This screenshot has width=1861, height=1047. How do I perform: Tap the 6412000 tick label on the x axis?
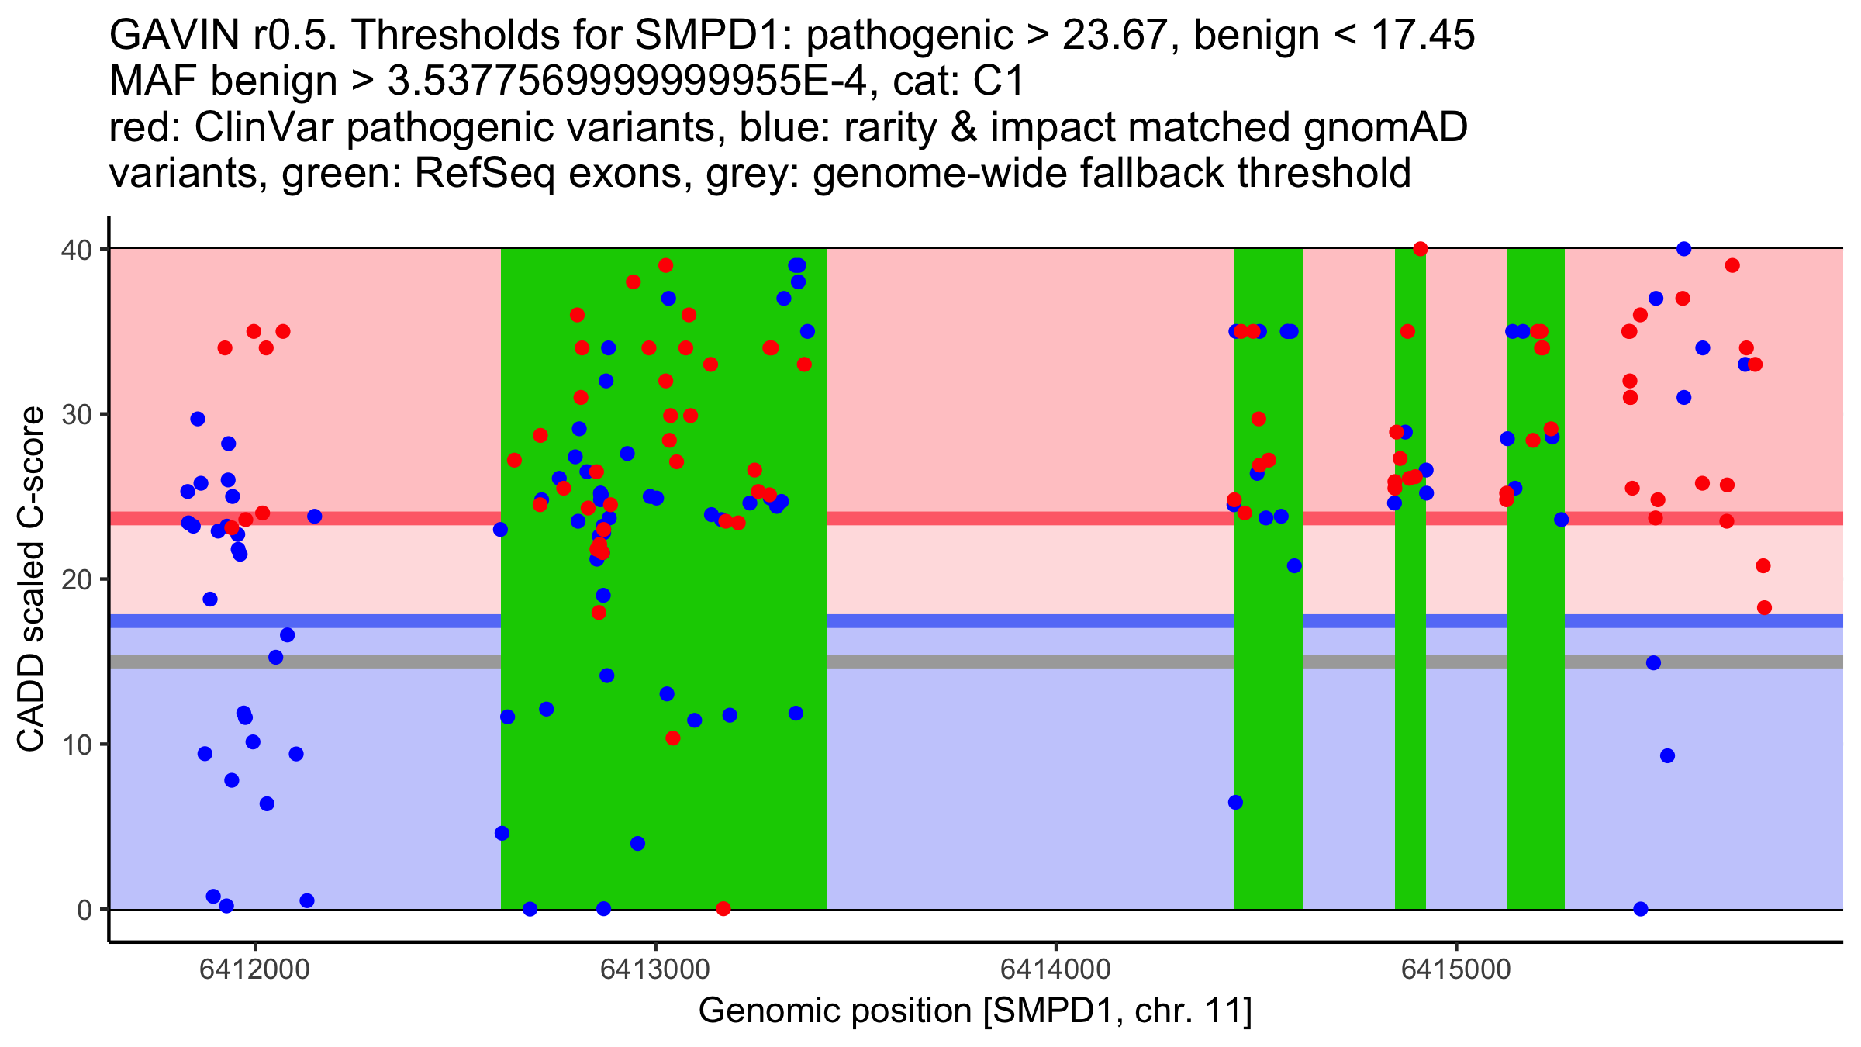tap(254, 970)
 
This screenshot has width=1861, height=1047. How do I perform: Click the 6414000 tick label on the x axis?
tap(1055, 970)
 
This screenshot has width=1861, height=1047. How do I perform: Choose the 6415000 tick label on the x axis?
tap(1455, 970)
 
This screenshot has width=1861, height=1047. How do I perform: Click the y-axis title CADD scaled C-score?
tap(31, 580)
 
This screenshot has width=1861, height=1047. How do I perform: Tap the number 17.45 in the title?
tap(1423, 36)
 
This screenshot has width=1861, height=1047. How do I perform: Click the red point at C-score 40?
tap(1420, 249)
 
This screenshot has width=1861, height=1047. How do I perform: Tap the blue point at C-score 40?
tap(1683, 249)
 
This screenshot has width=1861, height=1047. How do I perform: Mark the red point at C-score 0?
tap(723, 908)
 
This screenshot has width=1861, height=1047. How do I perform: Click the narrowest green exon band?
tap(1410, 698)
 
